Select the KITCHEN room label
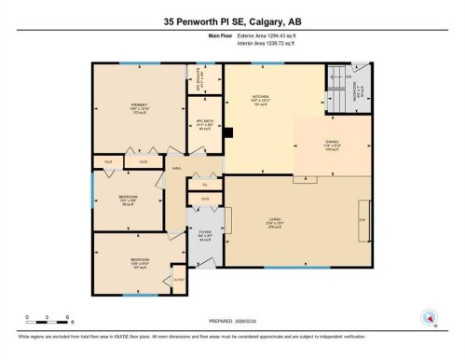point(261,99)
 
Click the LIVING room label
point(275,225)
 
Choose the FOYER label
point(204,235)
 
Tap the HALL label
point(176,168)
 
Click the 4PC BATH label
point(205,127)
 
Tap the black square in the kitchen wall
point(226,132)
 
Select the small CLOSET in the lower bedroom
point(177,278)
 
